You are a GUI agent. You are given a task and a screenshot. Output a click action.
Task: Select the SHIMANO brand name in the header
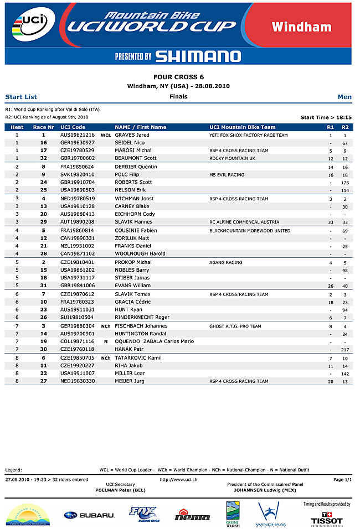[198, 56]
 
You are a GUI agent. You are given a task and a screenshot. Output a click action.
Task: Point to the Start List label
[21, 97]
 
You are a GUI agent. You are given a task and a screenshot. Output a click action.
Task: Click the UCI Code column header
[73, 127]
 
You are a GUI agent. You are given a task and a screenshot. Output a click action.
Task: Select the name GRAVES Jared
[132, 135]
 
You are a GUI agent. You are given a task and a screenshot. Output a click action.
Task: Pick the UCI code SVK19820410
[78, 175]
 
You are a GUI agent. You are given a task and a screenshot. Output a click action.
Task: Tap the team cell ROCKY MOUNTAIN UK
[232, 159]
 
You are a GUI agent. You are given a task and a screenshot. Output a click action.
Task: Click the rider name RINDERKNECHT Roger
[142, 318]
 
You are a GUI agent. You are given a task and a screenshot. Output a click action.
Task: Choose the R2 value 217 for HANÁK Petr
[344, 350]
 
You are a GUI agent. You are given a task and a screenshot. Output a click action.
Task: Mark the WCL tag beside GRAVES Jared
[106, 135]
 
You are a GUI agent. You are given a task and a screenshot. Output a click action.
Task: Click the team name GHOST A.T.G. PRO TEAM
[235, 326]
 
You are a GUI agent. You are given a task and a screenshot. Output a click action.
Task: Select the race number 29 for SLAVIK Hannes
[43, 222]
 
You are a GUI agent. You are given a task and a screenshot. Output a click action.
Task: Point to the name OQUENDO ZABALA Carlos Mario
[154, 342]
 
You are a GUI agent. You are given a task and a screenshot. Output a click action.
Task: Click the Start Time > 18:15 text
[326, 117]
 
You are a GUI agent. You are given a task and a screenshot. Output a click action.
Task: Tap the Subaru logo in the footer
[89, 516]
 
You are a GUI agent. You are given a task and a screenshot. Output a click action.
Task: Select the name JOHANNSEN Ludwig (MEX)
[265, 490]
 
